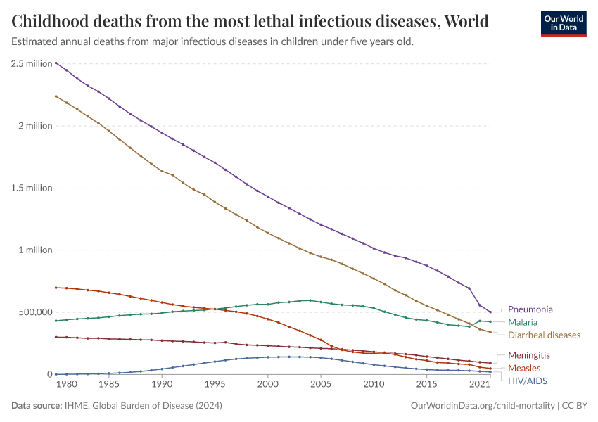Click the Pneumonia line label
pyautogui.click(x=530, y=309)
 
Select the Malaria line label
pyautogui.click(x=523, y=322)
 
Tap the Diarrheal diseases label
pyautogui.click(x=544, y=335)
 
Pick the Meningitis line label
pyautogui.click(x=528, y=355)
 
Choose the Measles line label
pyautogui.click(x=524, y=368)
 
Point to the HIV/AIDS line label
pyautogui.click(x=527, y=381)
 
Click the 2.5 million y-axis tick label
pyautogui.click(x=32, y=63)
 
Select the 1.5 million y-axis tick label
pyautogui.click(x=32, y=188)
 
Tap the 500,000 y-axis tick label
pyautogui.click(x=32, y=312)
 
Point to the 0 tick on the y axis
pyautogui.click(x=49, y=374)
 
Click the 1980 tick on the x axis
pyautogui.click(x=66, y=385)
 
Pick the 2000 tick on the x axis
pyautogui.click(x=267, y=385)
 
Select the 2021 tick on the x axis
pyautogui.click(x=480, y=385)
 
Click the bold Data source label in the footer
pyautogui.click(x=37, y=406)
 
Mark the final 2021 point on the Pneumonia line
pyautogui.click(x=490, y=312)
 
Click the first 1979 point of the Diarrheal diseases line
pyautogui.click(x=56, y=96)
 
